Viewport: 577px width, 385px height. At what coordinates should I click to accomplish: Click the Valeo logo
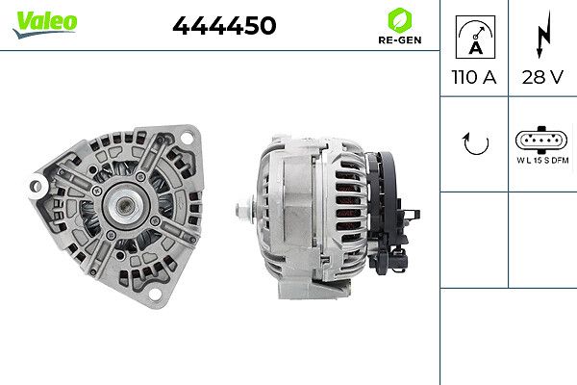point(45,24)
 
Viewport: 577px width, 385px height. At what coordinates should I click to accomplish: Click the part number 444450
point(224,25)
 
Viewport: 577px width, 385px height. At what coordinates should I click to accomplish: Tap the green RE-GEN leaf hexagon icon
point(400,20)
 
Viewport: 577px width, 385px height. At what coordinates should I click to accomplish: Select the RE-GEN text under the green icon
point(400,39)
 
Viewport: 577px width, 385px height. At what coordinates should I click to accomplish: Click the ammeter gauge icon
point(475,37)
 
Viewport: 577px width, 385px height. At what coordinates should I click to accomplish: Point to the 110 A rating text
point(474,77)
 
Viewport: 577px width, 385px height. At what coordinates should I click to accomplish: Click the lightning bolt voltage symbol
point(543,35)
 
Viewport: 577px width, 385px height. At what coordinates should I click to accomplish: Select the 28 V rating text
point(542,77)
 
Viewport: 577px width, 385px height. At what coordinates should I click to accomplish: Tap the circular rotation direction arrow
point(476,143)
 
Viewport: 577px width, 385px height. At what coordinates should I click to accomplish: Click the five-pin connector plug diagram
point(541,140)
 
